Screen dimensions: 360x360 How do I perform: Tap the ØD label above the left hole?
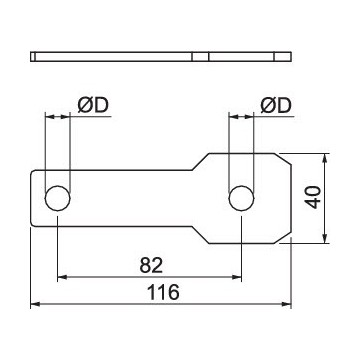pyautogui.click(x=92, y=104)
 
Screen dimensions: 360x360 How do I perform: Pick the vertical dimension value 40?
pyautogui.click(x=314, y=196)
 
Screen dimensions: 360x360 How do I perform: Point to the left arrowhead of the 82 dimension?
pyautogui.click(x=63, y=275)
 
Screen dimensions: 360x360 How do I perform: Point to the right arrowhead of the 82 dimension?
pyautogui.click(x=237, y=275)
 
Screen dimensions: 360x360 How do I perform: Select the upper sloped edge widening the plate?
pyautogui.click(x=195, y=163)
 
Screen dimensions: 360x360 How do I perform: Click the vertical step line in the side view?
pyautogui.click(x=208, y=55)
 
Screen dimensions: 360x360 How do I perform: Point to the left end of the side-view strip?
pyautogui.click(x=34, y=55)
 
